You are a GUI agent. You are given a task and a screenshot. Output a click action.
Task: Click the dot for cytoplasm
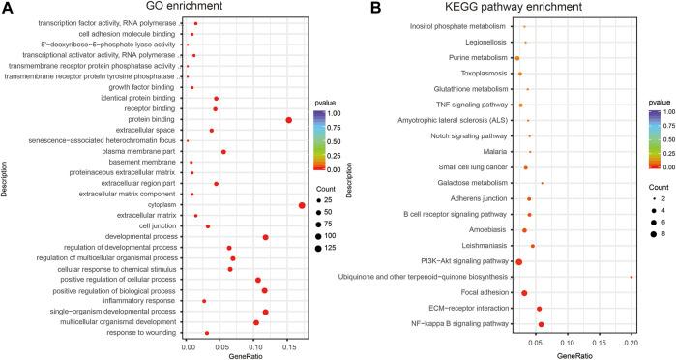click(302, 205)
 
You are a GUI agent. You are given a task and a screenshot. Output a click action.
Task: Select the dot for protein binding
click(288, 120)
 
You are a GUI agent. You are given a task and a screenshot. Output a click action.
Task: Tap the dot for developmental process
click(265, 237)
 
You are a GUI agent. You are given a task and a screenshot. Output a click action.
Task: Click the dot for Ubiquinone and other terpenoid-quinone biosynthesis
click(632, 277)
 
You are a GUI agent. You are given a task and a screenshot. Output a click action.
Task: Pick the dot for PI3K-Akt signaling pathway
click(518, 262)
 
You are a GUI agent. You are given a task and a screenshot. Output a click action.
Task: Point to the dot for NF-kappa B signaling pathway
click(541, 324)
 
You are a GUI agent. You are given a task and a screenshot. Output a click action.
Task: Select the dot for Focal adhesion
click(524, 292)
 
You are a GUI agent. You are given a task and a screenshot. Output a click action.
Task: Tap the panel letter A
click(8, 8)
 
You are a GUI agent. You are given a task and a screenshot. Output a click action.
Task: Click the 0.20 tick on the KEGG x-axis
click(632, 342)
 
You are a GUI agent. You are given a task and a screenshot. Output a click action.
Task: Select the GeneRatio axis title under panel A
click(245, 354)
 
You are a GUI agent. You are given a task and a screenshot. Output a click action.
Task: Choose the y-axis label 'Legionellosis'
click(484, 43)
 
